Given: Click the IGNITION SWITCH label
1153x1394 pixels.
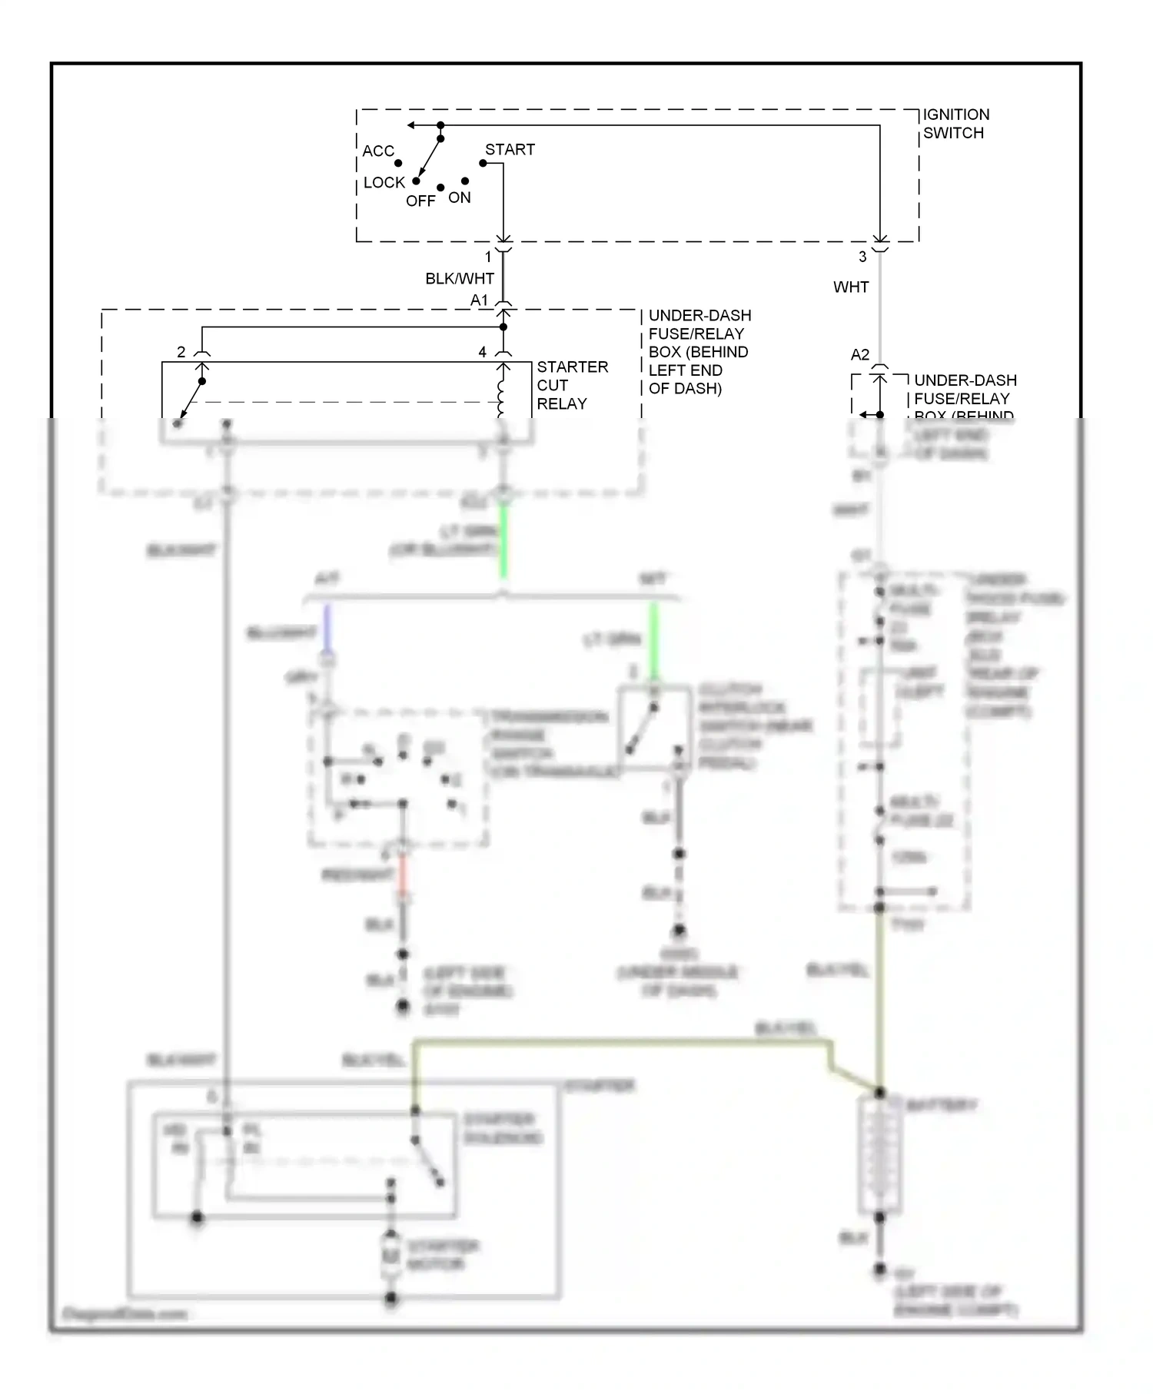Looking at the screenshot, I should (x=955, y=124).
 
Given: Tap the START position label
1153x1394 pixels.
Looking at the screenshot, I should (x=510, y=150).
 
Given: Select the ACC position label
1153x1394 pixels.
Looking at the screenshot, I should (x=378, y=151).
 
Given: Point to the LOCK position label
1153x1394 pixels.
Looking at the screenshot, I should (x=384, y=183).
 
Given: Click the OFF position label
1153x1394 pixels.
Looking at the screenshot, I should (x=420, y=201).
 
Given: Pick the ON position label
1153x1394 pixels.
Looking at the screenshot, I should (x=460, y=198).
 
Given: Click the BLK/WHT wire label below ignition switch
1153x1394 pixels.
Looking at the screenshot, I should (x=460, y=279).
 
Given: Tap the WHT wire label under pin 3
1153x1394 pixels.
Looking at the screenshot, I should (x=851, y=287).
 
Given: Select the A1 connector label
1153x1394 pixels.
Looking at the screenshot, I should (x=479, y=300).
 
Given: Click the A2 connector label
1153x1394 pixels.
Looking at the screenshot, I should (x=859, y=355).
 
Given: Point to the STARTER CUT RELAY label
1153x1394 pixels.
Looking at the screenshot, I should (x=572, y=385).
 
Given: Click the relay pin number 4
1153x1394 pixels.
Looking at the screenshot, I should (x=482, y=352).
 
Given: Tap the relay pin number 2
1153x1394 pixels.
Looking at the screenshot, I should (x=181, y=352).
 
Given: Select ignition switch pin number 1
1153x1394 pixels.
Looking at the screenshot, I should (x=487, y=257).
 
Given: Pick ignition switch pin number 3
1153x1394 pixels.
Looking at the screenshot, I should (x=862, y=257).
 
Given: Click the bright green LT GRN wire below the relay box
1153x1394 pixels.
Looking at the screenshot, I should (x=503, y=542).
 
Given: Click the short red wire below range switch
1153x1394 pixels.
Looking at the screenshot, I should (x=402, y=876).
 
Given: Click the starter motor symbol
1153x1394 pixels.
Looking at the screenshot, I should (x=391, y=1256).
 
